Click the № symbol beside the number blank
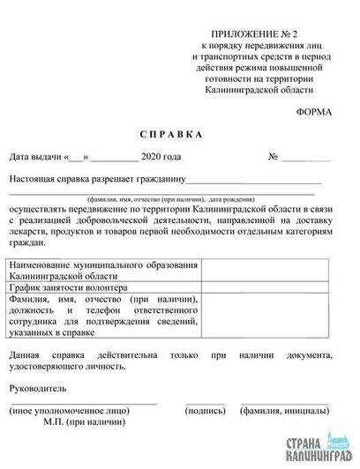(274, 157)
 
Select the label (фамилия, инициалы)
(285, 411)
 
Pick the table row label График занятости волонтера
(66, 287)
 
